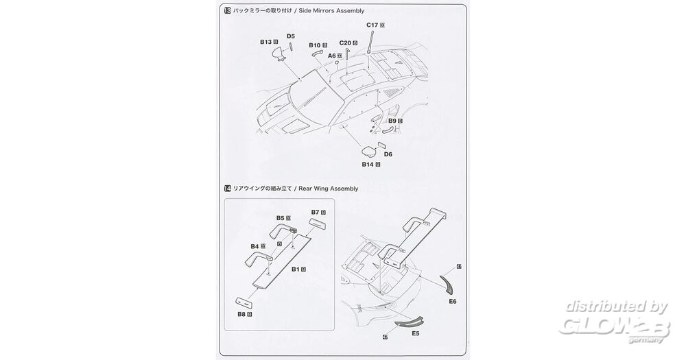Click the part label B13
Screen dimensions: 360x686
(267, 42)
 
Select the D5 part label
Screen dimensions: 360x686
(291, 36)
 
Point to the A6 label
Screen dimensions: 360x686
(331, 56)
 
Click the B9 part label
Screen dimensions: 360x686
(393, 121)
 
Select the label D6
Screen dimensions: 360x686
(388, 154)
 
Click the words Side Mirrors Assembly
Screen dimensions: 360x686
(336, 12)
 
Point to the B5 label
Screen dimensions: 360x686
(281, 218)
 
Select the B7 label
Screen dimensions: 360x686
(316, 213)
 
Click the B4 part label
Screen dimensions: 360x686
(255, 245)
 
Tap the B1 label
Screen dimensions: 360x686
(296, 269)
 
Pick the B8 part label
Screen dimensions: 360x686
(241, 315)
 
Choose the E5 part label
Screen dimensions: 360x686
(415, 334)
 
